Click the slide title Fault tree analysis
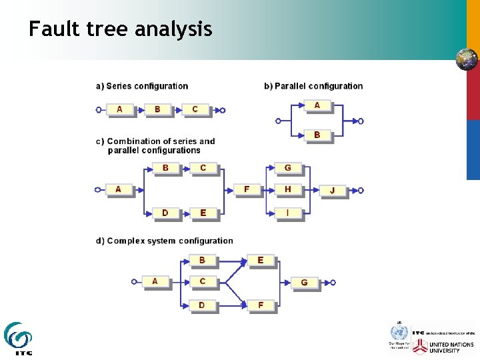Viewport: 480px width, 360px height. click(x=120, y=29)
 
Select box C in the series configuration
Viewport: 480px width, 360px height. click(x=195, y=109)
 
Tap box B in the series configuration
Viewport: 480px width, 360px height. click(x=157, y=109)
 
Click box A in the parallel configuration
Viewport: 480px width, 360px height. click(x=317, y=105)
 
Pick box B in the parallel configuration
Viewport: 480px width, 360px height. click(x=317, y=135)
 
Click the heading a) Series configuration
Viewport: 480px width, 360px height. click(x=142, y=86)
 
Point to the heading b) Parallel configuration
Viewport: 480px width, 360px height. click(x=313, y=86)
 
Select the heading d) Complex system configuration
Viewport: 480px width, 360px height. click(x=164, y=241)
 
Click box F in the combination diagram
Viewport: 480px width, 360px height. click(x=247, y=189)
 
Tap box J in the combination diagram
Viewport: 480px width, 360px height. click(x=333, y=191)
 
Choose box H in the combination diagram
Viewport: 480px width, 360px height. click(x=288, y=189)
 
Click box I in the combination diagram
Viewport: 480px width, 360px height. click(x=288, y=213)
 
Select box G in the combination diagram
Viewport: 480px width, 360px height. click(x=288, y=168)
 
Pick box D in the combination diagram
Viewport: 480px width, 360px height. click(x=165, y=213)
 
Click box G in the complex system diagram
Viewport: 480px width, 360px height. click(x=305, y=283)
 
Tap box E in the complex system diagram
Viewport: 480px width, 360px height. click(x=261, y=260)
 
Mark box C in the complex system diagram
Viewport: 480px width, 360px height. click(x=203, y=281)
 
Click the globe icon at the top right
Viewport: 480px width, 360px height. click(x=467, y=59)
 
